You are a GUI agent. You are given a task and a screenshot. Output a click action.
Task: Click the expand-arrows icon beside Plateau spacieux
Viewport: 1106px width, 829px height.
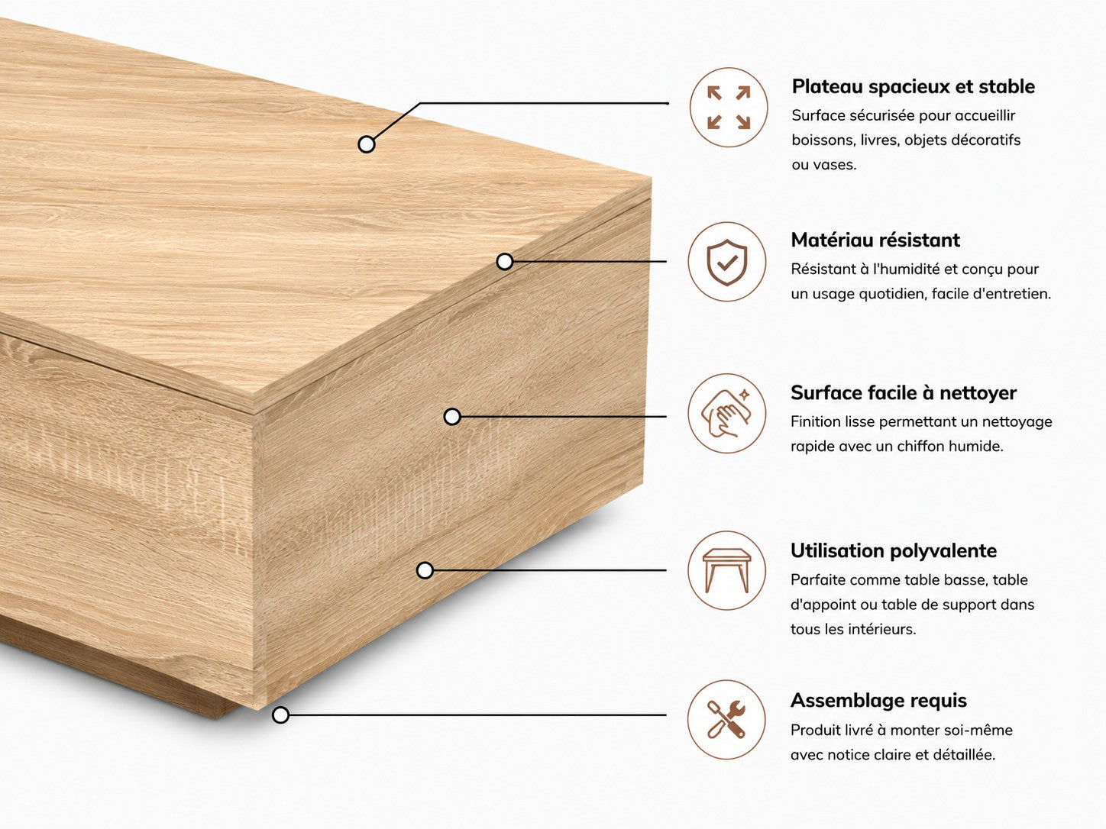click(x=729, y=107)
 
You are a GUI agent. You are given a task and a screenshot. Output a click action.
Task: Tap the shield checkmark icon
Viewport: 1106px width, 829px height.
click(x=726, y=263)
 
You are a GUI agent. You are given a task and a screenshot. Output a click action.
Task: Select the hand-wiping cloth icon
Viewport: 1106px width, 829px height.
click(x=726, y=413)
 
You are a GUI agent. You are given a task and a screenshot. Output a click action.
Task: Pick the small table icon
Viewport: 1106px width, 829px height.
click(x=726, y=570)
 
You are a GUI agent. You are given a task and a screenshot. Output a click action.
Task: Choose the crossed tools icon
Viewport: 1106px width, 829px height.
click(x=726, y=720)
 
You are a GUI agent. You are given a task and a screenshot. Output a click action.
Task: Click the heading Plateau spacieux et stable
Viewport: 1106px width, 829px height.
click(x=913, y=86)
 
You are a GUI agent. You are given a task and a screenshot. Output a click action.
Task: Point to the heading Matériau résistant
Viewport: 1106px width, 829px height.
click(x=875, y=240)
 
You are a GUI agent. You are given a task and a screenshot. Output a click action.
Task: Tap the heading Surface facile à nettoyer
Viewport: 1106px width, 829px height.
click(x=904, y=392)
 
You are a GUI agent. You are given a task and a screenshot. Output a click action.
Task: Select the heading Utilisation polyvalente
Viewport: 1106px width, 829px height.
click(x=894, y=550)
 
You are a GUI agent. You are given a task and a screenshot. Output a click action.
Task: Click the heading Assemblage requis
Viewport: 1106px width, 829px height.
click(x=878, y=701)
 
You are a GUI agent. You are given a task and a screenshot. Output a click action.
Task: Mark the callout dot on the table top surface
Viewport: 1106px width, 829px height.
click(x=367, y=144)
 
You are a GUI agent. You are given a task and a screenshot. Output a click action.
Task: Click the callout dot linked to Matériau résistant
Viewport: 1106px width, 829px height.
click(x=504, y=261)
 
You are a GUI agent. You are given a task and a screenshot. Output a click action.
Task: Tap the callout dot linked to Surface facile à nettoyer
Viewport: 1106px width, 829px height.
click(x=452, y=417)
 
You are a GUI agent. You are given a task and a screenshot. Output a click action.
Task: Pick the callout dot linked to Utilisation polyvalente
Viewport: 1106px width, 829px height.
click(x=425, y=570)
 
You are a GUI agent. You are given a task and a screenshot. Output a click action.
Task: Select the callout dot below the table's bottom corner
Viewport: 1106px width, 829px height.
click(x=280, y=714)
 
